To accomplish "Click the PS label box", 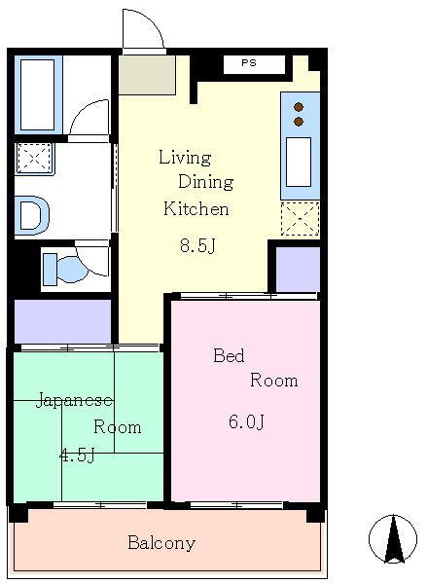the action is coord(254,64).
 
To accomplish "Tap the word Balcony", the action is coord(161,543).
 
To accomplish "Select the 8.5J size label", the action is coord(197,245).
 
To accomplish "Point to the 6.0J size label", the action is coord(246,421).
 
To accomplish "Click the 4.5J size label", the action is coord(77,455).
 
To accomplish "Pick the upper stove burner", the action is coord(299,107).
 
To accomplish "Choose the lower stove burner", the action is coord(299,122).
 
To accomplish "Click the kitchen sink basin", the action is coord(299,162).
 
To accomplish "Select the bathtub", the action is coord(38,95).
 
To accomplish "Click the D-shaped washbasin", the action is coord(32,215).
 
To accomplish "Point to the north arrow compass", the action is coord(393,539).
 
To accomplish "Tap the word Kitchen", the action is coord(196,208).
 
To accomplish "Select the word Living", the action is coord(185,158).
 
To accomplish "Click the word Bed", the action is coord(229,355).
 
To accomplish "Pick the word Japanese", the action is coord(74,400).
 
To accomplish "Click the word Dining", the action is coord(206,183).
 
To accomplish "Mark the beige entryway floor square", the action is coord(147,75).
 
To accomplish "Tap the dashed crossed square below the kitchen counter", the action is coord(300,218).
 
